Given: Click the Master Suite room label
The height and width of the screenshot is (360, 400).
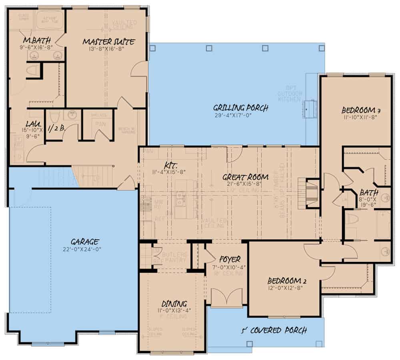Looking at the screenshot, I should coord(108,42).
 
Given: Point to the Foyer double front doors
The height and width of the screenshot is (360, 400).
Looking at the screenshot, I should coord(226,298).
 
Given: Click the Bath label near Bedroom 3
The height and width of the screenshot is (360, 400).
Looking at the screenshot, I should coord(368,193).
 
